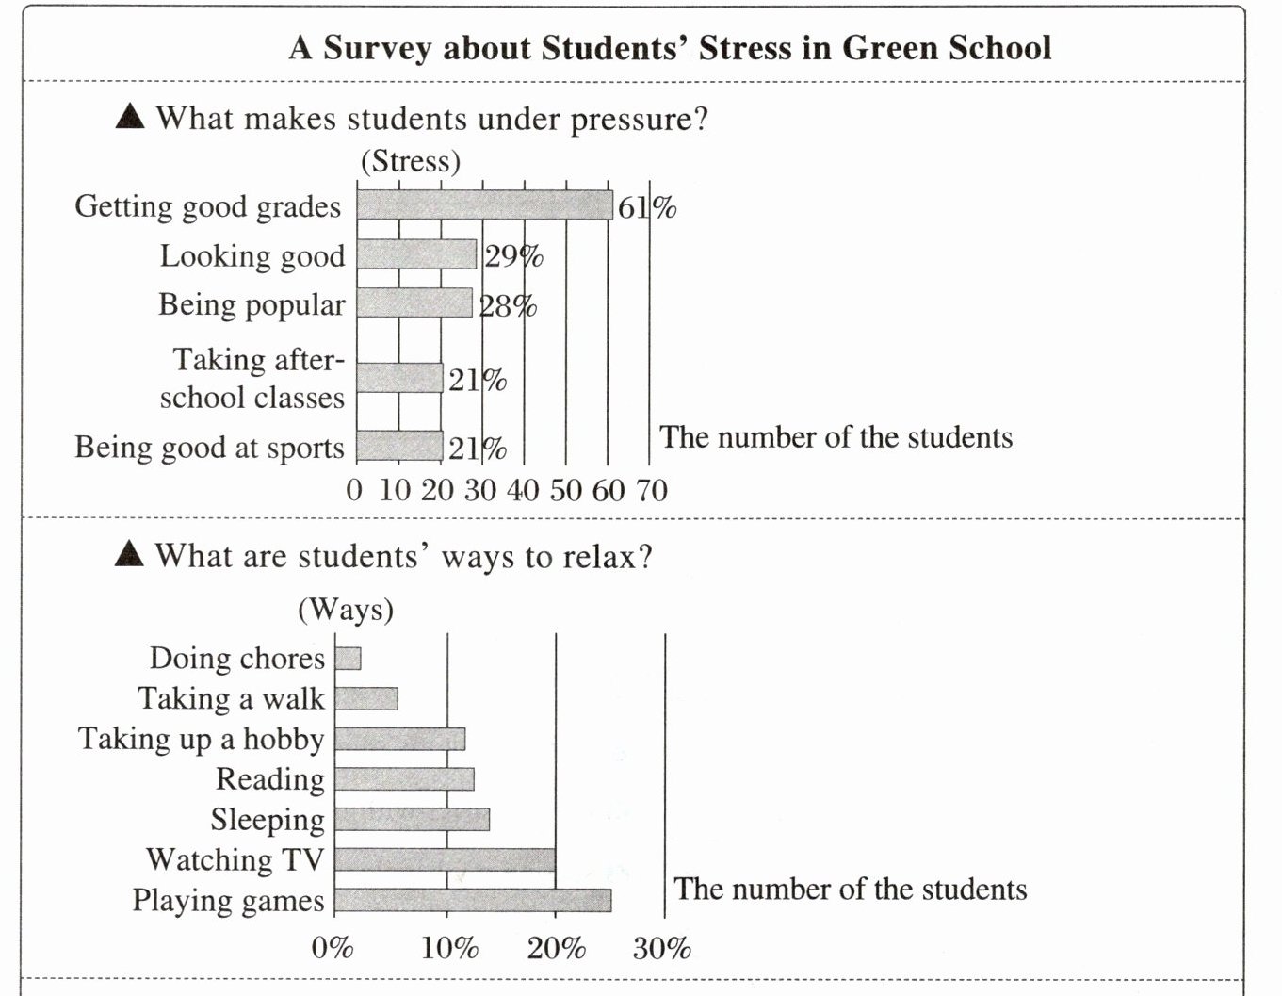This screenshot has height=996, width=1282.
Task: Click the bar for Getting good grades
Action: click(484, 204)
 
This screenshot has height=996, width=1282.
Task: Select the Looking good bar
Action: click(416, 254)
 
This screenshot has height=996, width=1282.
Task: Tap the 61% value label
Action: click(647, 207)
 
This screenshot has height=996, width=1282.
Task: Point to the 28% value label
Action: click(508, 306)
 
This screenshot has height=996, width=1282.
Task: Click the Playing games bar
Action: click(473, 900)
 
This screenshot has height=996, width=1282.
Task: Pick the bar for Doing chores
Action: click(348, 658)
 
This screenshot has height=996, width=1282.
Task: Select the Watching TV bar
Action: click(445, 859)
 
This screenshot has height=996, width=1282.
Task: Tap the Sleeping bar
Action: click(412, 819)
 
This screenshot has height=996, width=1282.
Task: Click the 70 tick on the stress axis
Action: click(651, 490)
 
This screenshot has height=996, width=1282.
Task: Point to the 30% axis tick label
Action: click(661, 947)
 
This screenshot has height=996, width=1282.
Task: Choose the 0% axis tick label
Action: click(332, 947)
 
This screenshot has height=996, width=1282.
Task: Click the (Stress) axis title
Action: click(411, 161)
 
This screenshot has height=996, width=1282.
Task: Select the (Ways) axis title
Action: click(346, 610)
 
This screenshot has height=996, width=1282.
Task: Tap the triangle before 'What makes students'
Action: click(130, 117)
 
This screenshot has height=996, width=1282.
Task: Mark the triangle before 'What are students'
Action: click(129, 554)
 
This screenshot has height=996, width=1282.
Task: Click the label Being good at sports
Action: click(209, 448)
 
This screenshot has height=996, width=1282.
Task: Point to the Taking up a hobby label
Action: click(201, 739)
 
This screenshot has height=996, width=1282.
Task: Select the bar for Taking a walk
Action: click(366, 698)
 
